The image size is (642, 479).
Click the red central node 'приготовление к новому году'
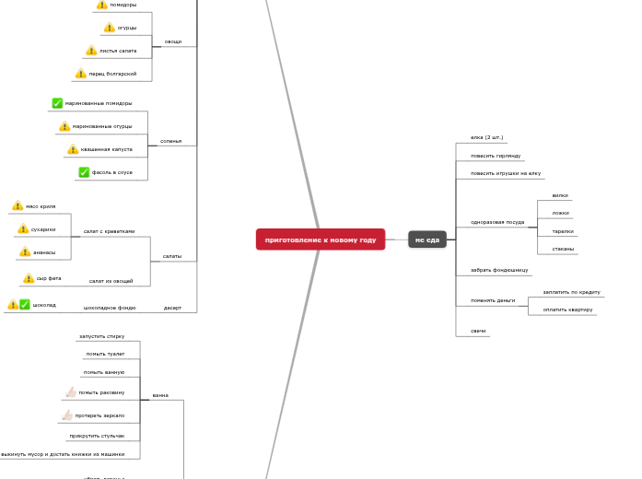pos(321,239)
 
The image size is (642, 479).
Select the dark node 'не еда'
pos(427,239)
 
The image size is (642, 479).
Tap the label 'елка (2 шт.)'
pos(486,137)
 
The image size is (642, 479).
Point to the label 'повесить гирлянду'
pos(496,156)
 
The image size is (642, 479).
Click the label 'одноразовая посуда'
pos(497,222)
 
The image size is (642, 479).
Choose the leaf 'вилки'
pos(560,195)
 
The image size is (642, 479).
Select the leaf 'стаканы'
pos(563,249)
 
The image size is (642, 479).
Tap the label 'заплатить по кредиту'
pos(571,292)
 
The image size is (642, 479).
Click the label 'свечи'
pos(478,331)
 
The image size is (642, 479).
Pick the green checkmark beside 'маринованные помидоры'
pos(57,103)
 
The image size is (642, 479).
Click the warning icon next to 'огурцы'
pos(110,28)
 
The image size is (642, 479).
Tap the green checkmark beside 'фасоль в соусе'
pos(84,172)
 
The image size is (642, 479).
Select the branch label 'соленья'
pos(170,142)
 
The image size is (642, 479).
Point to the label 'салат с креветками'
pos(109,231)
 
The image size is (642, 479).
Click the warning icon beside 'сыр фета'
pos(29,278)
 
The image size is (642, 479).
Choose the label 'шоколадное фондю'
pos(110,308)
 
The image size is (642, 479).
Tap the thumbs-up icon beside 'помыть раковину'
pos(70,392)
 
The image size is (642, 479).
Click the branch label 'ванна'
pos(160,395)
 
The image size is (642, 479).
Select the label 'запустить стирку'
pos(101,336)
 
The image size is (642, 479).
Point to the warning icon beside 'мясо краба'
pos(18,206)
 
